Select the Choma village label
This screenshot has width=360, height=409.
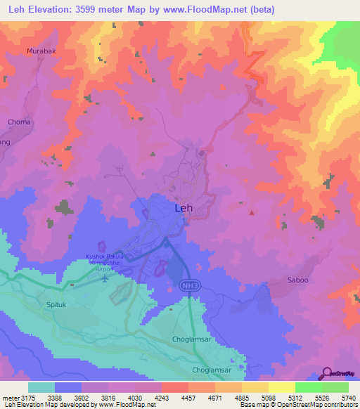coord(19,122)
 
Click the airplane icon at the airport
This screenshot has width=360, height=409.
coord(105,277)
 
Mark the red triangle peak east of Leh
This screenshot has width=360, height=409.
coord(252,212)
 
